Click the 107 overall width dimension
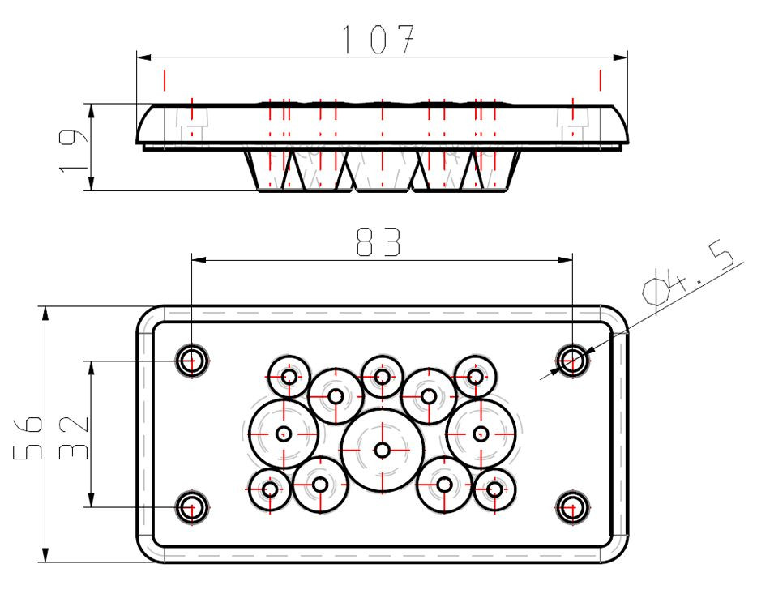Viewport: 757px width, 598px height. pyautogui.click(x=378, y=39)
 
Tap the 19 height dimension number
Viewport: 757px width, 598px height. pyautogui.click(x=73, y=151)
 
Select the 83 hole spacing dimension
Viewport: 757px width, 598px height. pyautogui.click(x=378, y=241)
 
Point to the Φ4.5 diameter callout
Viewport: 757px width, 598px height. pyautogui.click(x=688, y=276)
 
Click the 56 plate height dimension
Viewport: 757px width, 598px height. pyautogui.click(x=28, y=437)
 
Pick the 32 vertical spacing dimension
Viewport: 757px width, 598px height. pyautogui.click(x=74, y=438)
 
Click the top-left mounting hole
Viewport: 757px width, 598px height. pyautogui.click(x=191, y=361)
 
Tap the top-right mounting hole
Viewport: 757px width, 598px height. pyautogui.click(x=572, y=361)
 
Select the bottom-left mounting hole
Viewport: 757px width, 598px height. pyautogui.click(x=191, y=507)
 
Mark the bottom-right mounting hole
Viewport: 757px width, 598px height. pyautogui.click(x=572, y=507)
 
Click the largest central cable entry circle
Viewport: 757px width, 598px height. pyautogui.click(x=383, y=451)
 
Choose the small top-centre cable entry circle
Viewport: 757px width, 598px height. pyautogui.click(x=383, y=377)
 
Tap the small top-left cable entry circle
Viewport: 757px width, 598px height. pyautogui.click(x=289, y=377)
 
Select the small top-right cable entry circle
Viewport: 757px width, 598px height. pyautogui.click(x=476, y=377)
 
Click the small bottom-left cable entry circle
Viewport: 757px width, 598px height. pyautogui.click(x=270, y=489)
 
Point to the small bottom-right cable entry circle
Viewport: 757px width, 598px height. pyautogui.click(x=495, y=489)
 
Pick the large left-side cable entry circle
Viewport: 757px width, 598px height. pyautogui.click(x=284, y=434)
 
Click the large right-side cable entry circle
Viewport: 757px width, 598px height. pyautogui.click(x=481, y=434)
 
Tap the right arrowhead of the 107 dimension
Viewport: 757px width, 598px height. pyautogui.click(x=621, y=58)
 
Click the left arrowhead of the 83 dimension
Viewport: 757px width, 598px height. pyautogui.click(x=199, y=260)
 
